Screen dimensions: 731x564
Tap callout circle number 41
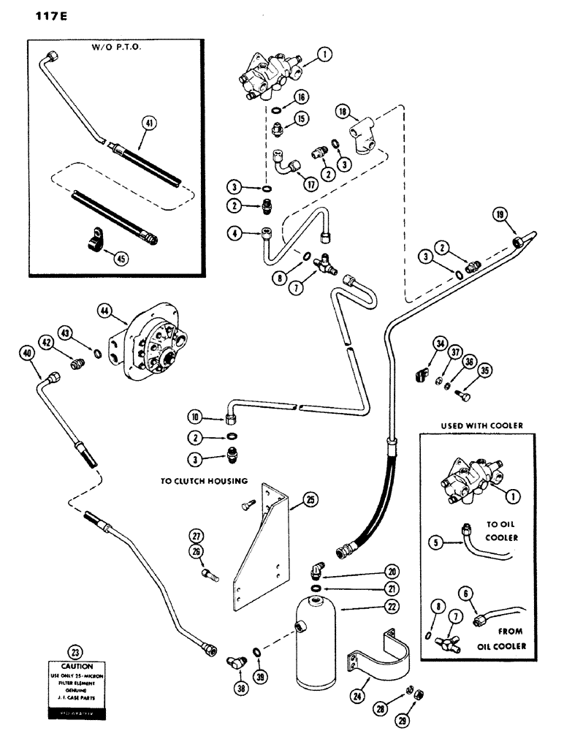tap(150, 125)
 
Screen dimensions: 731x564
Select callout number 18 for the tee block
tap(343, 111)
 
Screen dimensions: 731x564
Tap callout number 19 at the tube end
tap(519, 216)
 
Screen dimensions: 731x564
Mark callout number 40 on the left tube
tap(28, 355)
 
